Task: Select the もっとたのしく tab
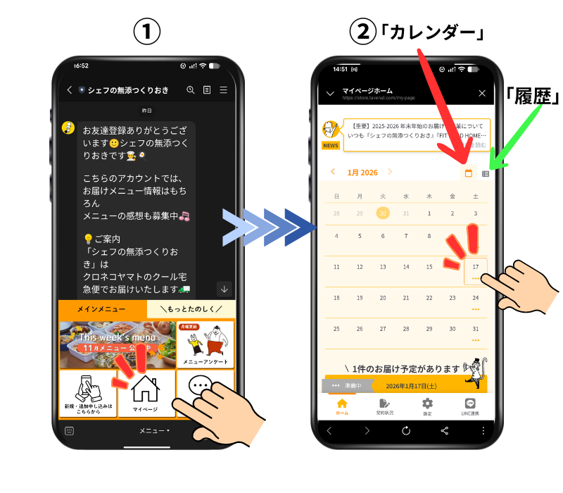point(191,309)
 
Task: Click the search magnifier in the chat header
point(190,90)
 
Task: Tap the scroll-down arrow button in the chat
point(224,288)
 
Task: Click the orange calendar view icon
point(468,173)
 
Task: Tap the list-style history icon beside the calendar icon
point(486,173)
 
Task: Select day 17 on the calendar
point(476,268)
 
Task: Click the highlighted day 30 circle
point(383,213)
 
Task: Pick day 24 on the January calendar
point(476,298)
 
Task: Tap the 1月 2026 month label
point(362,172)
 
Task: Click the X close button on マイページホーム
point(482,93)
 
